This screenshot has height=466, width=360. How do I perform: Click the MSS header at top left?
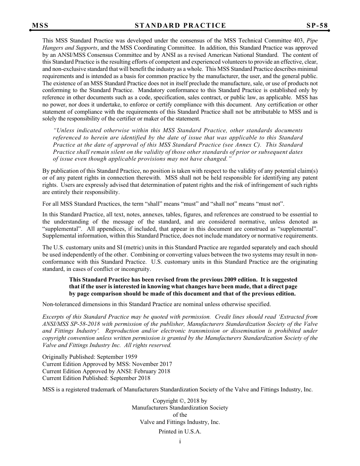[40, 26]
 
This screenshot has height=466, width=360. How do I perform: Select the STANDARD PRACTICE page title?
[180, 26]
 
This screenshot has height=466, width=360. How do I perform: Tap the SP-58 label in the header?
[317, 26]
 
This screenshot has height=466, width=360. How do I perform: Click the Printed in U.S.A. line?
[180, 432]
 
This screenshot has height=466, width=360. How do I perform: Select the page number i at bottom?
[180, 441]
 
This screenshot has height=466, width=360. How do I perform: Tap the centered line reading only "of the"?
[180, 415]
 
